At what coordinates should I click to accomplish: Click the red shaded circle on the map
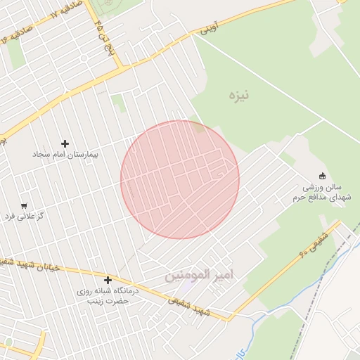click(180, 179)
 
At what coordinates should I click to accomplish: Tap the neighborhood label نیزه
click(239, 94)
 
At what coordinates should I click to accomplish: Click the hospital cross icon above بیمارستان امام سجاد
click(65, 143)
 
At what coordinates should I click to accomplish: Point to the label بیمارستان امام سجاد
click(66, 153)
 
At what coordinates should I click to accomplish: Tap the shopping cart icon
click(25, 206)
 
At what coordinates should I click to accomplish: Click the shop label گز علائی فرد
click(25, 216)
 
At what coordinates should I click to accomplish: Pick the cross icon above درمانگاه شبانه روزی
click(108, 281)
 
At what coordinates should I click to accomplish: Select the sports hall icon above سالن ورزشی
click(323, 176)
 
